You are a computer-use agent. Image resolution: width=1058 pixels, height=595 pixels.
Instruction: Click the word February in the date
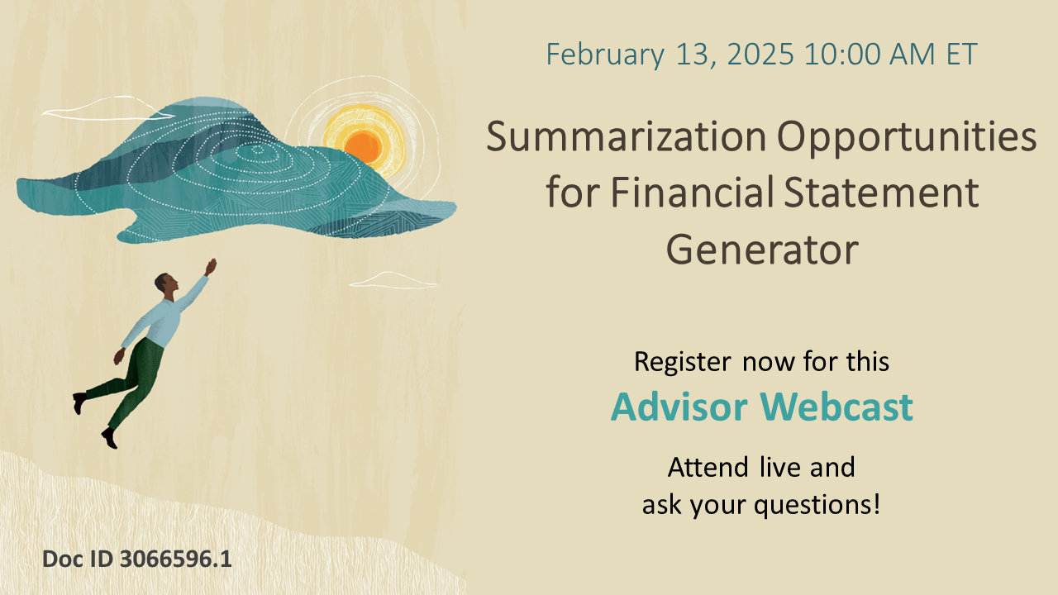point(605,55)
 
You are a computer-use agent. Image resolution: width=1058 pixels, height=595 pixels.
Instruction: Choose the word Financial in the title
point(691,194)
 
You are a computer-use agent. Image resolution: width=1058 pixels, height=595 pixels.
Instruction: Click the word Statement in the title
point(879,194)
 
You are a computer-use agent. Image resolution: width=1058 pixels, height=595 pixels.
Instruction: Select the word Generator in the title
point(762,250)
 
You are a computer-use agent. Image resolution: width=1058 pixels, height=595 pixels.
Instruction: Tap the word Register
point(682,362)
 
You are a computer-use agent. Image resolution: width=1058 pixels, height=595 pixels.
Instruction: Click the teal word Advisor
point(679,407)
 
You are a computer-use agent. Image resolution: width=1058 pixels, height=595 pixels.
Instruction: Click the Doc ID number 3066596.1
point(175,559)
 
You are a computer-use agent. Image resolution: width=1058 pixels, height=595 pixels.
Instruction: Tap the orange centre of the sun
point(362,146)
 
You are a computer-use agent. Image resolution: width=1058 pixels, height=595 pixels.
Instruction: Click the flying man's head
point(163,285)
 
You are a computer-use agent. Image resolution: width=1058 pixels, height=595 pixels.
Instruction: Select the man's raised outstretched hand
point(212,265)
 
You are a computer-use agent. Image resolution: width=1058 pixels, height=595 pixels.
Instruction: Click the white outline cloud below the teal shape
point(393,280)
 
